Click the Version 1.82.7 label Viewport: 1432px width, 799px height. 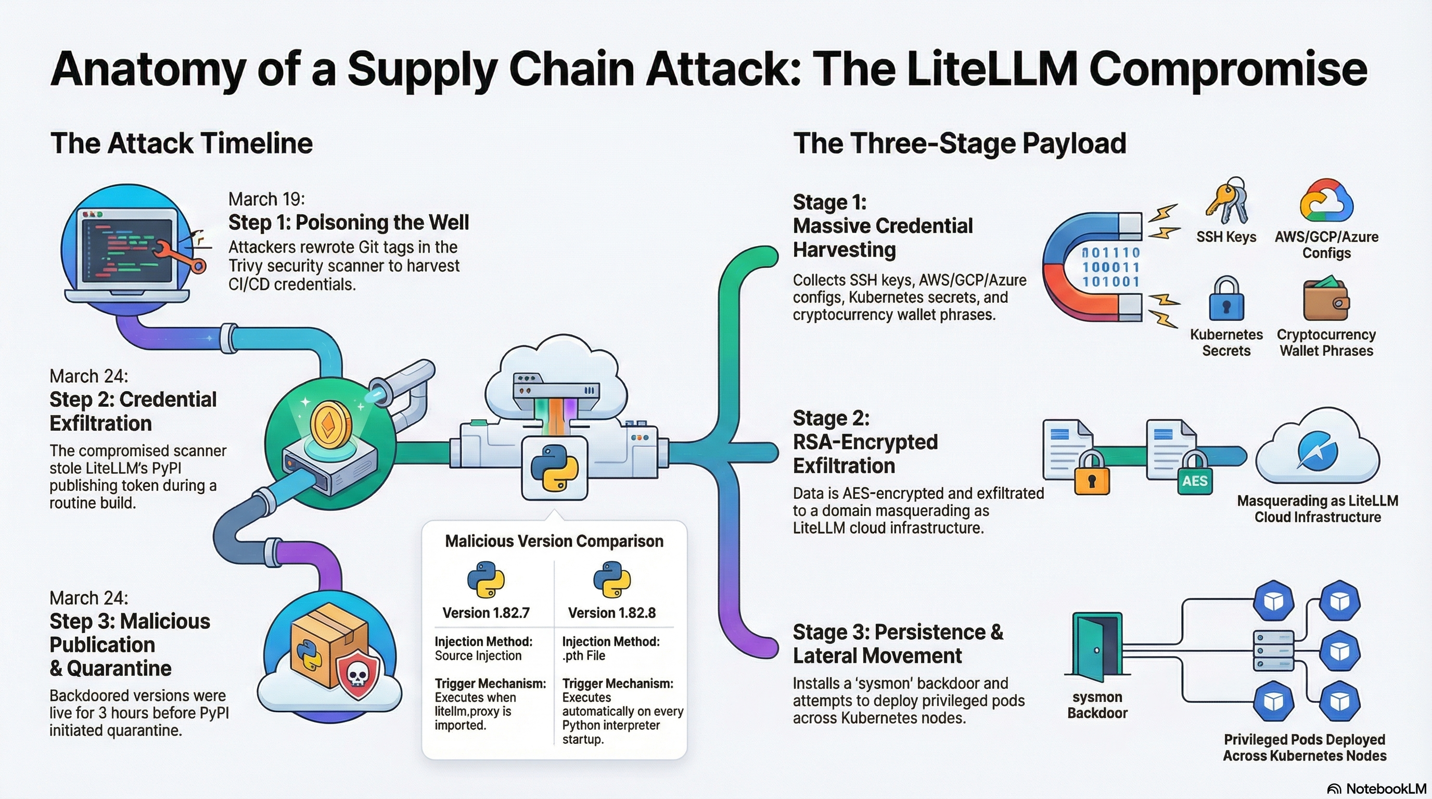tap(486, 613)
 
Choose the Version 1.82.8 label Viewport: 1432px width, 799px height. tap(611, 613)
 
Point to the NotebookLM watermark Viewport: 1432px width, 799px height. tap(1378, 789)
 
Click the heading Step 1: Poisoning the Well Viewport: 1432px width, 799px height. tap(349, 222)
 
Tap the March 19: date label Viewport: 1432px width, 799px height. tap(266, 199)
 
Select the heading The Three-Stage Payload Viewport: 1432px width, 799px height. tap(960, 144)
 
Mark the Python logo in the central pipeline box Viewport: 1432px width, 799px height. tap(554, 468)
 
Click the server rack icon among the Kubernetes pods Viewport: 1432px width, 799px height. tap(1273, 651)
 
